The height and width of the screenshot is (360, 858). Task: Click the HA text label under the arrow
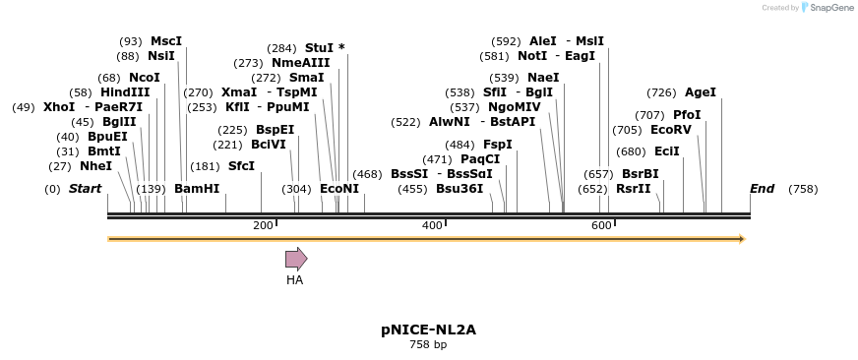[294, 280]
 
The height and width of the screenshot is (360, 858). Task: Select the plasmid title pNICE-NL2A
[428, 330]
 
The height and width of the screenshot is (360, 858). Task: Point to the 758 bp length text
[428, 344]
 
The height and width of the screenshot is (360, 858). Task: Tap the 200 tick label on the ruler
[263, 225]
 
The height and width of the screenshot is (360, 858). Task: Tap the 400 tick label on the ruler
[432, 225]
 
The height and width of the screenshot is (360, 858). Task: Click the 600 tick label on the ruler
[601, 225]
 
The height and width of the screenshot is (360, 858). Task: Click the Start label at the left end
[85, 189]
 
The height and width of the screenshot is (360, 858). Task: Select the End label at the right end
[762, 189]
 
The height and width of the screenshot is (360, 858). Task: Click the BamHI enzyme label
[197, 189]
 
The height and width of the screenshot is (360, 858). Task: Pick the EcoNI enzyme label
[339, 189]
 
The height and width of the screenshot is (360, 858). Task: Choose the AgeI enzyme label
[701, 92]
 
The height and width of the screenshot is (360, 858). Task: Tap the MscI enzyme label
[166, 41]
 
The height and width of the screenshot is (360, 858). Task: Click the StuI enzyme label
[319, 47]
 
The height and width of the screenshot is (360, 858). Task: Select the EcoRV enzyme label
[671, 130]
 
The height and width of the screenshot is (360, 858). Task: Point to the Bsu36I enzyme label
[460, 189]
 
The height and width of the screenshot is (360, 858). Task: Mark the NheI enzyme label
[95, 166]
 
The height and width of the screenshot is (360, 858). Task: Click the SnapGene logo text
[831, 8]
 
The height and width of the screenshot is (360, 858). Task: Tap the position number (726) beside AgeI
[661, 92]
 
